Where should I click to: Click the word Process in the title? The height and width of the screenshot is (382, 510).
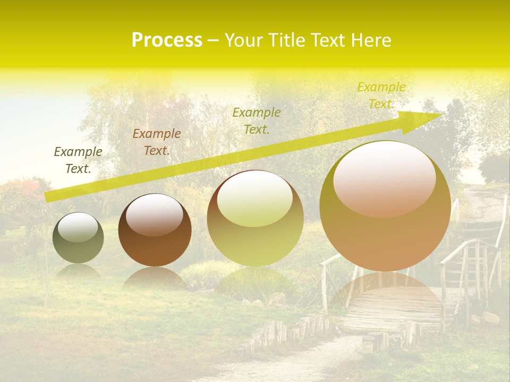[167, 40]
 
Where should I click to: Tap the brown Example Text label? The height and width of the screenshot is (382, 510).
[157, 142]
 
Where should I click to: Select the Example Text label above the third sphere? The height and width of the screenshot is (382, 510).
[257, 120]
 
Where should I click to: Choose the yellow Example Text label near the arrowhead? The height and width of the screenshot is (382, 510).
[381, 95]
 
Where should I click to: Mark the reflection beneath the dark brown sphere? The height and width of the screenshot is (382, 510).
[154, 279]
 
